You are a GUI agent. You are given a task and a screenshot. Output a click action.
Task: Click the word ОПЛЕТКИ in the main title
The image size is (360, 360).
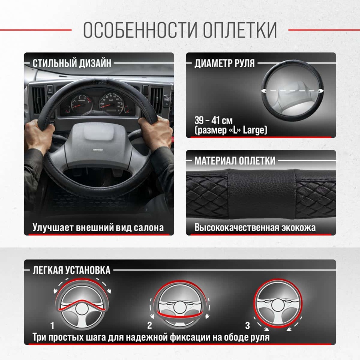click(240, 30)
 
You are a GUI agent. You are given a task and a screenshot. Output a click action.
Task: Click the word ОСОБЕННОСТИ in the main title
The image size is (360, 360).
click(140, 30)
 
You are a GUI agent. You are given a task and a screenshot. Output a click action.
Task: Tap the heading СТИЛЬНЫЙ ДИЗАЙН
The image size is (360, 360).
click(72, 63)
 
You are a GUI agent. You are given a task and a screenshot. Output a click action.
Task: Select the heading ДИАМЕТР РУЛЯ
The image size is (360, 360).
click(224, 63)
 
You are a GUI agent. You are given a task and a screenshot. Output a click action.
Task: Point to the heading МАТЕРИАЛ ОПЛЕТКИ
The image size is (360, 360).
click(235, 161)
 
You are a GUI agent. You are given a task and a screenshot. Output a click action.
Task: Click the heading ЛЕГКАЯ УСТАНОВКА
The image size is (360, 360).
click(72, 270)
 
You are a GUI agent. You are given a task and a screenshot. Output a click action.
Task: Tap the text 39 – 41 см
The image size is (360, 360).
click(214, 120)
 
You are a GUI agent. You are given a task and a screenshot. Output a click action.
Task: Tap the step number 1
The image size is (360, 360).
click(52, 326)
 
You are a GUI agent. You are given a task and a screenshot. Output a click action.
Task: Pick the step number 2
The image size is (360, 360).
click(150, 326)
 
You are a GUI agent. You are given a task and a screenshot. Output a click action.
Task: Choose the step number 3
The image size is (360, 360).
click(247, 326)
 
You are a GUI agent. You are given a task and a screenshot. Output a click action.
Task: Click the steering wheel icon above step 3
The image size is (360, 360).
click(278, 304)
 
